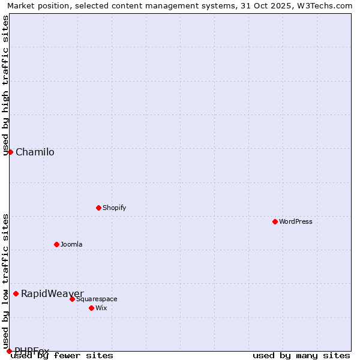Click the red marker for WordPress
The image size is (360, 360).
click(275, 221)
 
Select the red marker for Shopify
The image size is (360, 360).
click(98, 208)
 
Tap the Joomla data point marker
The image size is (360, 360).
click(56, 244)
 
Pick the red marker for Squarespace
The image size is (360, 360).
click(72, 299)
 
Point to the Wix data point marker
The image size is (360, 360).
click(91, 308)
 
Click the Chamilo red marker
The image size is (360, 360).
click(10, 152)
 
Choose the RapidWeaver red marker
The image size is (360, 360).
click(16, 293)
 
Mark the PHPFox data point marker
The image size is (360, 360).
click(9, 351)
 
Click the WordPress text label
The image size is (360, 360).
click(296, 221)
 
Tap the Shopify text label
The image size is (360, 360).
click(114, 208)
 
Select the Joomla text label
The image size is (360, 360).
click(71, 244)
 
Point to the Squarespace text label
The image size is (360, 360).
click(97, 299)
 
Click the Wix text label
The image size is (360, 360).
click(101, 308)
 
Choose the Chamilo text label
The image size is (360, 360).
click(35, 152)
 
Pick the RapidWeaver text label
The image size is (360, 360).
click(52, 293)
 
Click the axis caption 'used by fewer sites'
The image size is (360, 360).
click(62, 356)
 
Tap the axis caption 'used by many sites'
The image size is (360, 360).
click(301, 356)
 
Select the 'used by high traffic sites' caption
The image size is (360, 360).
click(6, 85)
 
